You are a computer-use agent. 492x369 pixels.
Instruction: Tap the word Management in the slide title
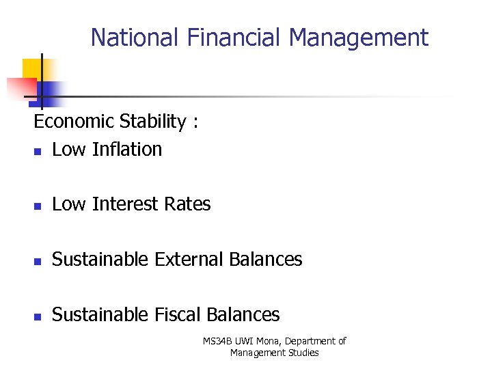tap(359, 37)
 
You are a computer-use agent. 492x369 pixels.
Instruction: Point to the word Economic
tap(74, 122)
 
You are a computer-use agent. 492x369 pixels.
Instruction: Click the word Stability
tap(152, 122)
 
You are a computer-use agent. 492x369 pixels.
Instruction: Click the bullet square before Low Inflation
tap(38, 151)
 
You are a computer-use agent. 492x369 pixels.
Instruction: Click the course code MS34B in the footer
tap(217, 341)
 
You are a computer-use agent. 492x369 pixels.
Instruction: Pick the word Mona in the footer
tap(266, 341)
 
